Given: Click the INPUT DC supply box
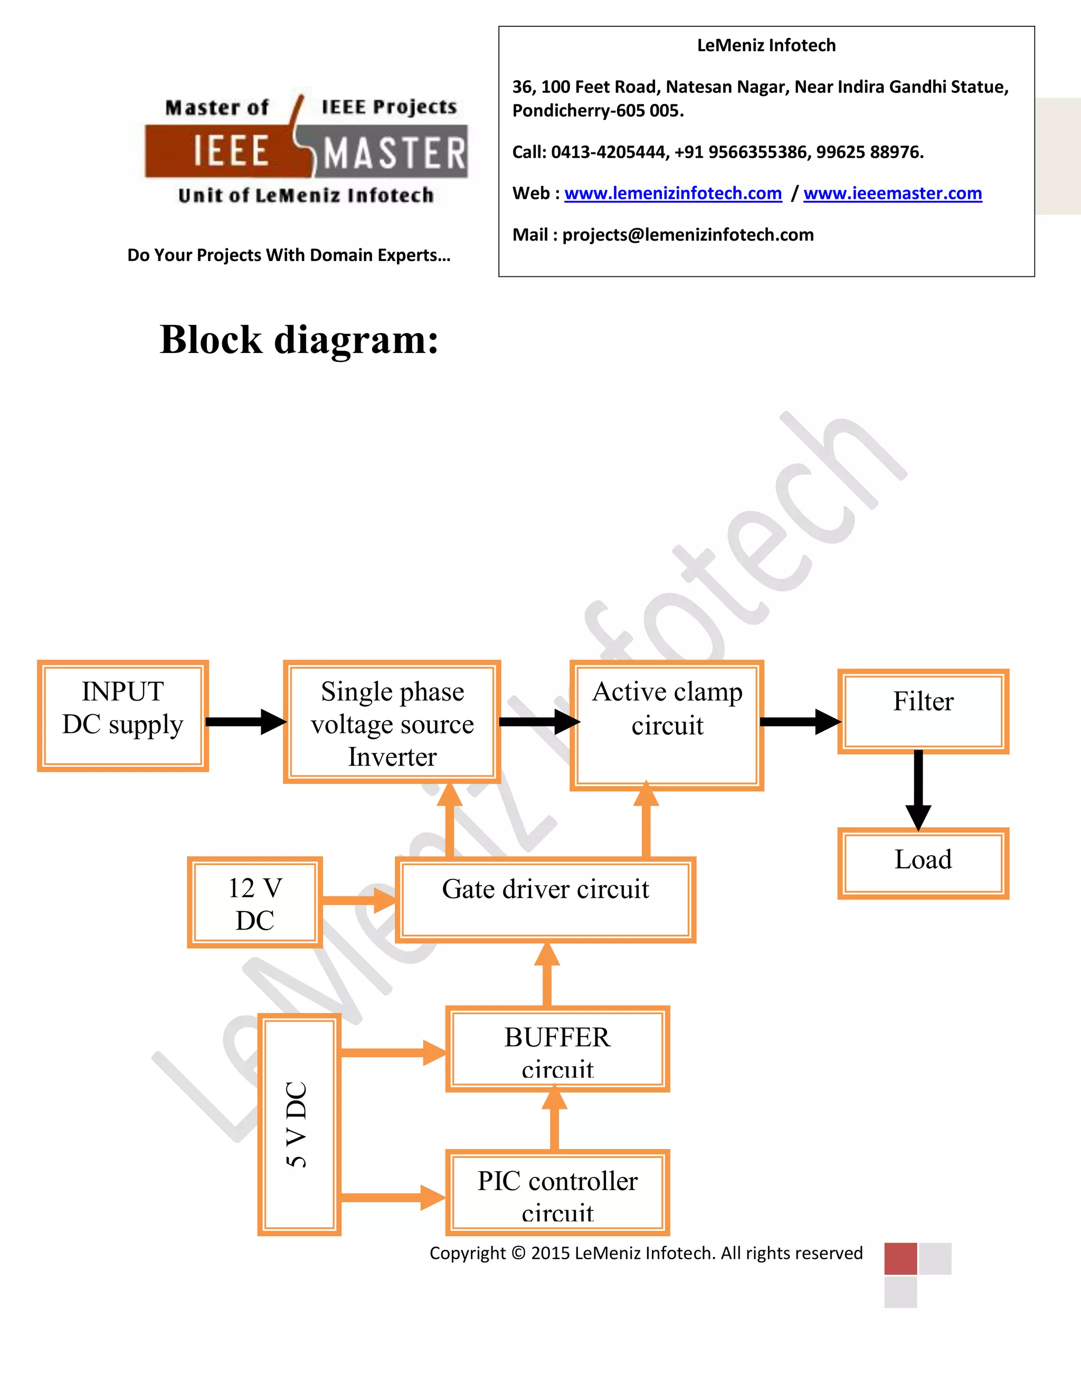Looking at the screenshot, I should pyautogui.click(x=123, y=716).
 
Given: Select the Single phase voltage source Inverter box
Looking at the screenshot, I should pyautogui.click(x=392, y=722).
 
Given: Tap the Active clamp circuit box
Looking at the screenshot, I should pyautogui.click(x=667, y=725).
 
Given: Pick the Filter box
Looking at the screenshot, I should pyautogui.click(x=923, y=711).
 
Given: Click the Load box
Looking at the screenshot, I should pyautogui.click(x=923, y=863).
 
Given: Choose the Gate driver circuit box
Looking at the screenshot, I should pyautogui.click(x=546, y=899).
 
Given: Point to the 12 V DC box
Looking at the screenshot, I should pyautogui.click(x=255, y=903).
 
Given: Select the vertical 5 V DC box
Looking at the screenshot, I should pyautogui.click(x=299, y=1124).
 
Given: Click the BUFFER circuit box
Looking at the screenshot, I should pyautogui.click(x=557, y=1049).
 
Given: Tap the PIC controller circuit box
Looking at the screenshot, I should pyautogui.click(x=557, y=1193).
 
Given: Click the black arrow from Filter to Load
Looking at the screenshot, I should pyautogui.click(x=918, y=791).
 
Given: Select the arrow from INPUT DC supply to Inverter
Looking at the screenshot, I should pyautogui.click(x=245, y=721).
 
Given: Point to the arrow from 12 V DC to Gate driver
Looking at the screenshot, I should pyautogui.click(x=358, y=900).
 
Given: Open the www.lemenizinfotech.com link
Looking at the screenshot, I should pyautogui.click(x=673, y=193).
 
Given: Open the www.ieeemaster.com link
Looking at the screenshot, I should pyautogui.click(x=893, y=193).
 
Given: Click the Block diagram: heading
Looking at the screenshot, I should pyautogui.click(x=299, y=339).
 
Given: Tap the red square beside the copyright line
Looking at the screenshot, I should pyautogui.click(x=900, y=1258).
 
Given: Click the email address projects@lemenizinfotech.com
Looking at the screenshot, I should pyautogui.click(x=688, y=235).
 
